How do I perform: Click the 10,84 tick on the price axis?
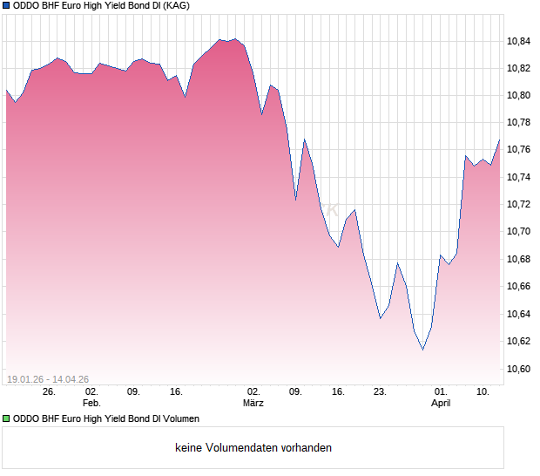tap(519, 40)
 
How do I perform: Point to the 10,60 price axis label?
tap(519, 369)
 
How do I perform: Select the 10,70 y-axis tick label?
tap(519, 231)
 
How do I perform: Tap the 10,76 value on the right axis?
tap(519, 149)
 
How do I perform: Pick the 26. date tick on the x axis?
tap(49, 391)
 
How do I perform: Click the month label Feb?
tap(91, 403)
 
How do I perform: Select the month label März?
tap(253, 403)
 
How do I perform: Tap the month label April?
tap(442, 403)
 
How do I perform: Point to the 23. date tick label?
tap(380, 391)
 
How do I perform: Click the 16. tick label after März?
tap(338, 391)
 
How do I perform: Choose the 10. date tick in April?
tap(483, 391)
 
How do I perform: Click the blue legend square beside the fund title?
tap(6, 5)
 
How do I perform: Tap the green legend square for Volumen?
tap(6, 419)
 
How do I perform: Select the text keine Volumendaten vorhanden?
tap(253, 448)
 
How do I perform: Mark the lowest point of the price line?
tap(423, 350)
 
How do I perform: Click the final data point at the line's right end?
tap(500, 139)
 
